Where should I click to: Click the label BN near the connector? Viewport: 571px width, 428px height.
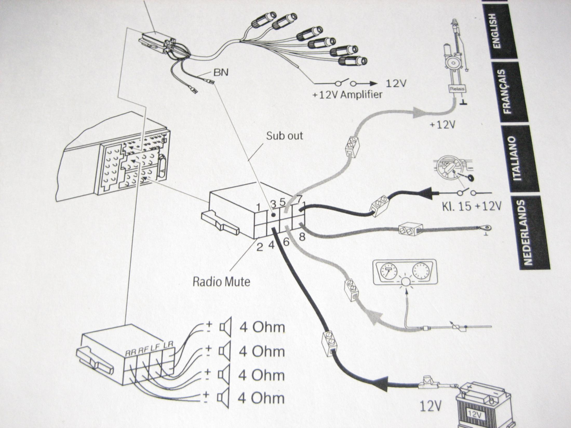(x=221, y=72)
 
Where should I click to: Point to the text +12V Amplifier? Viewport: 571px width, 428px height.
(x=347, y=94)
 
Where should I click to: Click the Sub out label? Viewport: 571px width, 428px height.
(x=285, y=136)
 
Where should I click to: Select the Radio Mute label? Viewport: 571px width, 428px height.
(x=221, y=282)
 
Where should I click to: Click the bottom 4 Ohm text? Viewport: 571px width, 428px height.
(x=261, y=398)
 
